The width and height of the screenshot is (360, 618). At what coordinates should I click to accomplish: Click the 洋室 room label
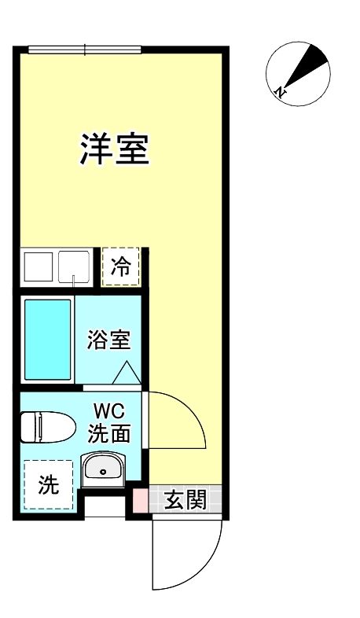(x=114, y=149)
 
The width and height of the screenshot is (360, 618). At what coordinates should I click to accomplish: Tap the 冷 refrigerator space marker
(x=121, y=266)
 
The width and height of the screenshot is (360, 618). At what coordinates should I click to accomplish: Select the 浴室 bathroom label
(x=108, y=342)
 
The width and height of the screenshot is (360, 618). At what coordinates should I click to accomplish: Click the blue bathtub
(x=47, y=339)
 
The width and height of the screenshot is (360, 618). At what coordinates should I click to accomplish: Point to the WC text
(x=107, y=411)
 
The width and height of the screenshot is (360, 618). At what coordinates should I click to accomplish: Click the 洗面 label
(x=108, y=432)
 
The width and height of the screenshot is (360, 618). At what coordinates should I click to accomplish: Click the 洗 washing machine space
(x=48, y=485)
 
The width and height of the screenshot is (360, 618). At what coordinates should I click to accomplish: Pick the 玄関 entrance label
(x=186, y=499)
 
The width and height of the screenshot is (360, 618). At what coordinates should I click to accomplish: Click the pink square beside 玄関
(x=139, y=500)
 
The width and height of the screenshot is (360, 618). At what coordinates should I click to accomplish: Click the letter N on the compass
(x=280, y=93)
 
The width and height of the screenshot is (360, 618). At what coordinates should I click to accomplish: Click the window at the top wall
(x=84, y=50)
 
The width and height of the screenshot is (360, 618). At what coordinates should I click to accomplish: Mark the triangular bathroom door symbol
(x=126, y=371)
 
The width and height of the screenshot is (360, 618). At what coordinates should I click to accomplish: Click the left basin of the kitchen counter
(x=36, y=266)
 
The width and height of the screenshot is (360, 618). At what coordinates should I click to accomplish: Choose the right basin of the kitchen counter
(x=74, y=266)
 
